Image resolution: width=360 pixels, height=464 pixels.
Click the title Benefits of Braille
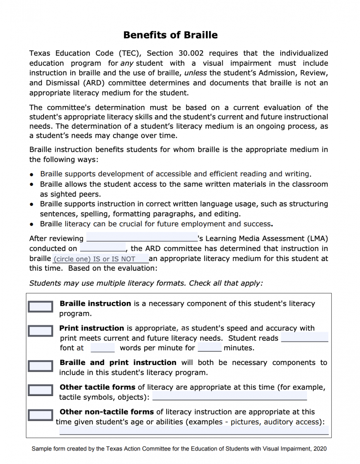pos(170,35)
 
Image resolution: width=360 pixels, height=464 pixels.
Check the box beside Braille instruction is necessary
pos(40,307)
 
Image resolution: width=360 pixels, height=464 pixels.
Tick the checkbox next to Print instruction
pos(40,331)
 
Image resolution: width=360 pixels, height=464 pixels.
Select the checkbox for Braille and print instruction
pos(40,365)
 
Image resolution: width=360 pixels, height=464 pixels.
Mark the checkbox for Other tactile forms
pos(40,390)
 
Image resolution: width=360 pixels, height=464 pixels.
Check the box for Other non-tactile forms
pos(40,415)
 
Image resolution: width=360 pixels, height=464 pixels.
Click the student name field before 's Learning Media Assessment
pos(142,238)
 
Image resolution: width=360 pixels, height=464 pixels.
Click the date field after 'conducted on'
pos(102,248)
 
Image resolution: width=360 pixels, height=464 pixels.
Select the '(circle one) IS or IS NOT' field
pos(100,259)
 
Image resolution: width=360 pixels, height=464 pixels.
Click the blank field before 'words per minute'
pos(102,348)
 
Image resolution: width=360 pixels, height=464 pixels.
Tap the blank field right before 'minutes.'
pos(210,348)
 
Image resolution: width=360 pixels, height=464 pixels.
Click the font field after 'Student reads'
pos(304,338)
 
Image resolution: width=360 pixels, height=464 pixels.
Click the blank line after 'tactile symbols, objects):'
pos(230,396)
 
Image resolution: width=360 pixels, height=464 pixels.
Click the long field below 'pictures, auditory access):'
pos(193,430)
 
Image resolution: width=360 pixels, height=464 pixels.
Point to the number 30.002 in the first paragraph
pos(191,53)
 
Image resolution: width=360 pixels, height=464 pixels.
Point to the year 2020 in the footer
pos(320,449)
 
